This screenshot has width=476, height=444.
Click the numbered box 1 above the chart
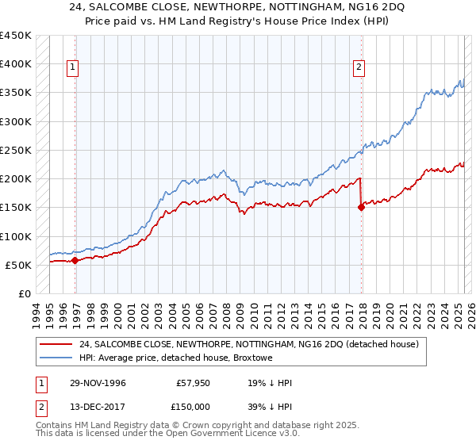72,68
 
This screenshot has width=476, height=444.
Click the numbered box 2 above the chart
359,68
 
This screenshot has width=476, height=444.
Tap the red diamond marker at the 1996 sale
75,260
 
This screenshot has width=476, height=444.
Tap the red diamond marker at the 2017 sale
361,208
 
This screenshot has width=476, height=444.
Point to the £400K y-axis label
16,64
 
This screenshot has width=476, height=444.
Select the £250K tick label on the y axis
16,150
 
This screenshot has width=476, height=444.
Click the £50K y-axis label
19,265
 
